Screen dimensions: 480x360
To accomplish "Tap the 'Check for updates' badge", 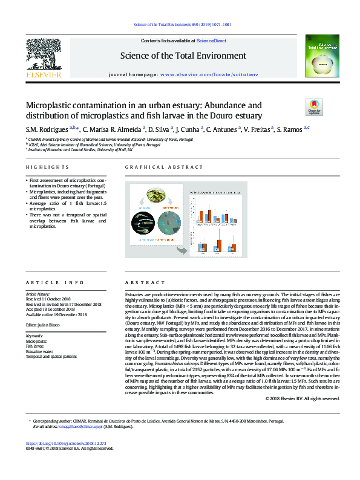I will [314, 108].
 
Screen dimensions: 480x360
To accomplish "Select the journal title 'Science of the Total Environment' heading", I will [184, 56].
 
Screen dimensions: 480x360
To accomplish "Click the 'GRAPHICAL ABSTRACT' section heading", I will [156, 167].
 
